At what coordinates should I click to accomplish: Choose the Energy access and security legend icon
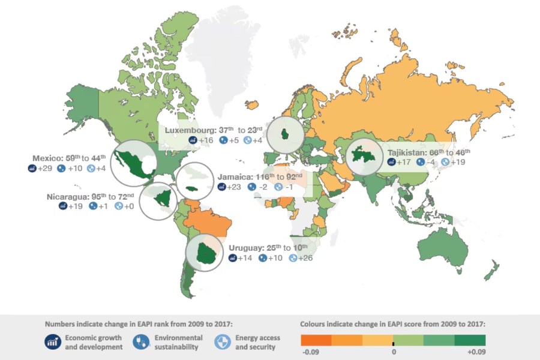coord(223,342)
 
